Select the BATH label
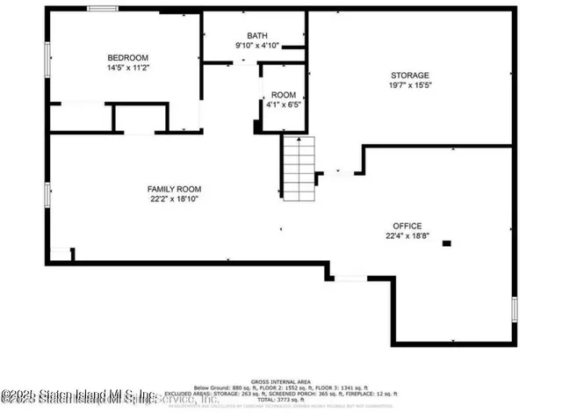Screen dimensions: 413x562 pyautogui.click(x=256, y=35)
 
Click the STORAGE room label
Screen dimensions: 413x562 pyautogui.click(x=410, y=76)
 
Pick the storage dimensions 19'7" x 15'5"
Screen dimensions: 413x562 pyautogui.click(x=410, y=85)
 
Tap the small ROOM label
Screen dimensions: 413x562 pyautogui.click(x=283, y=95)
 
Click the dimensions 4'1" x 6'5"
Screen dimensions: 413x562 pyautogui.click(x=283, y=105)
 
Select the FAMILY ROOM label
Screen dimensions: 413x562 pyautogui.click(x=174, y=189)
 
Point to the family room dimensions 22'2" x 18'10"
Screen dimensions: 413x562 pyautogui.click(x=174, y=199)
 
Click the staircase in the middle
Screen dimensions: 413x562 pyautogui.click(x=298, y=168)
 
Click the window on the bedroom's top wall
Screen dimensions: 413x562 pyautogui.click(x=103, y=9)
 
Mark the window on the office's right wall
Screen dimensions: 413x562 pyautogui.click(x=515, y=310)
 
